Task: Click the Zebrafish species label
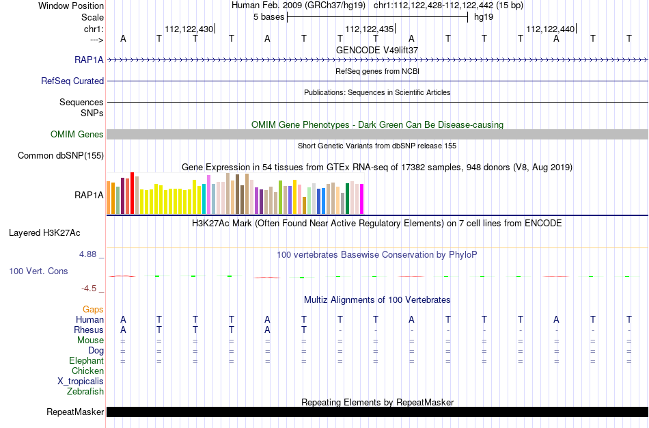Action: coord(85,392)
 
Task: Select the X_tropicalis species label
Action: coord(81,382)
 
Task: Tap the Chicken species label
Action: coord(87,371)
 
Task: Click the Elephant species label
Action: coord(86,360)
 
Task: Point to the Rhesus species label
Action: coord(89,330)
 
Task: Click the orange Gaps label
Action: coord(93,310)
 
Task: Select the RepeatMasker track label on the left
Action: coord(75,412)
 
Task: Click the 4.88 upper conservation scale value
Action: coord(87,254)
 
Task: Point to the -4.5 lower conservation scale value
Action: coord(89,289)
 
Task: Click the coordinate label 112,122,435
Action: coord(370,29)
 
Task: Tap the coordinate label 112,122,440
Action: coord(551,29)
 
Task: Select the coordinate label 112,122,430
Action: coord(189,29)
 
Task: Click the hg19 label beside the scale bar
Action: coord(484,17)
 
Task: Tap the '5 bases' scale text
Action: coord(269,17)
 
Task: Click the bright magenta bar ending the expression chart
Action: coord(362,199)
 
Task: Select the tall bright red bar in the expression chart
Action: coord(133,193)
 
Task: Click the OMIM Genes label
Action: coord(77,134)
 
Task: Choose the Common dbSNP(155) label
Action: coord(61,155)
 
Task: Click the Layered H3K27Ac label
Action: coord(44,233)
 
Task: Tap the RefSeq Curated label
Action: coord(72,81)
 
